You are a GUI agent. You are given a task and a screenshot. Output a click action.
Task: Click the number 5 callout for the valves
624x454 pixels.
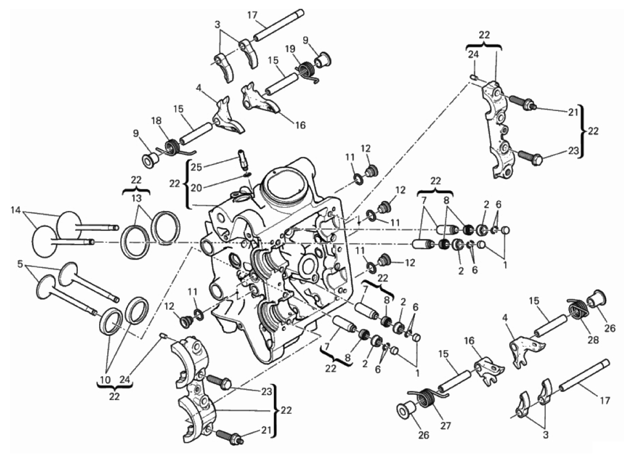coord(20,263)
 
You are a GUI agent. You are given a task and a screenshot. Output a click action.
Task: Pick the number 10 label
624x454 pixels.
coord(105,381)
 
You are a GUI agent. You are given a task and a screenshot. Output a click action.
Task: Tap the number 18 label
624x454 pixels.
coord(157,121)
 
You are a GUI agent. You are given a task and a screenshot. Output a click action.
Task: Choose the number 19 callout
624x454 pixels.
coord(290,49)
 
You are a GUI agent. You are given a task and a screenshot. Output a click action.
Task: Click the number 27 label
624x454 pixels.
coord(446,426)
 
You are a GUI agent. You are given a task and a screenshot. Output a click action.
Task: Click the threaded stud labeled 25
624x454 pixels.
coord(243,159)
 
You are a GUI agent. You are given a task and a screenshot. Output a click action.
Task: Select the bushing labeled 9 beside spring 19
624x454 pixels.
coord(323,59)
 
